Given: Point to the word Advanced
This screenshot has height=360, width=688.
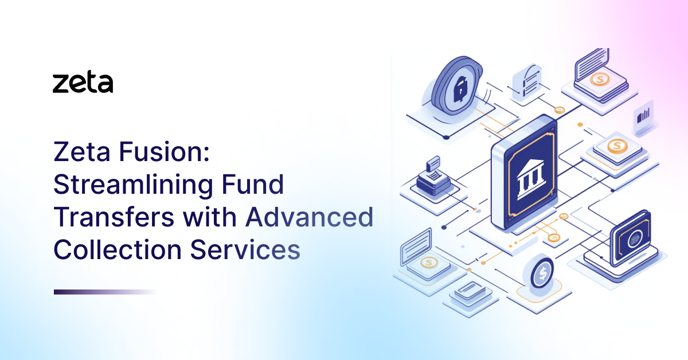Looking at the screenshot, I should pos(310,218).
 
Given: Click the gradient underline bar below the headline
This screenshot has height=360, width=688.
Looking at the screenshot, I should pos(105,292).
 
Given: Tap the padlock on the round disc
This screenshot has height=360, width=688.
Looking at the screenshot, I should pos(460,89).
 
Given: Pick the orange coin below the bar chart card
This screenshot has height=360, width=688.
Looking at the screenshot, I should pos(616,147).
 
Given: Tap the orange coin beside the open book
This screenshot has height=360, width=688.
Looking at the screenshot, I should pos(600,80).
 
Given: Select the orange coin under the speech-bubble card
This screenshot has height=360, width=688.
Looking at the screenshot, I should pos(428,263).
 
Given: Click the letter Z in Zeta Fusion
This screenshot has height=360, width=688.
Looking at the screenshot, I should pos(62,153).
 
